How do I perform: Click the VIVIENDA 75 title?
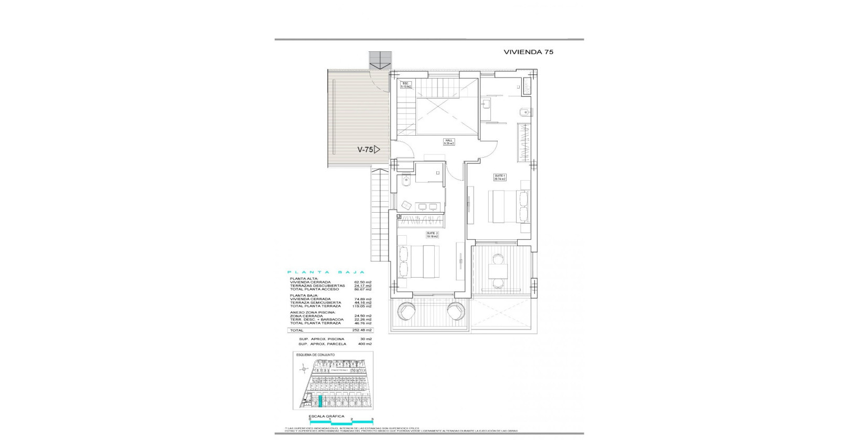[529, 52]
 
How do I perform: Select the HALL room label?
[449, 141]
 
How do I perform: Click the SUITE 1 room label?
[499, 177]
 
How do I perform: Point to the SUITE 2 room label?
[432, 235]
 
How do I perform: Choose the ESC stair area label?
[405, 85]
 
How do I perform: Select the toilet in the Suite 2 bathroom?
[405, 182]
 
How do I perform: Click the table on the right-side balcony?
[498, 271]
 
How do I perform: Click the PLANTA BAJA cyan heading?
[326, 272]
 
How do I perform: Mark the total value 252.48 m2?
[363, 331]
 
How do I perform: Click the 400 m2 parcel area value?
[364, 344]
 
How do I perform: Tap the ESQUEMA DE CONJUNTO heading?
[315, 355]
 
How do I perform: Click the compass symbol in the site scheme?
[303, 370]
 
